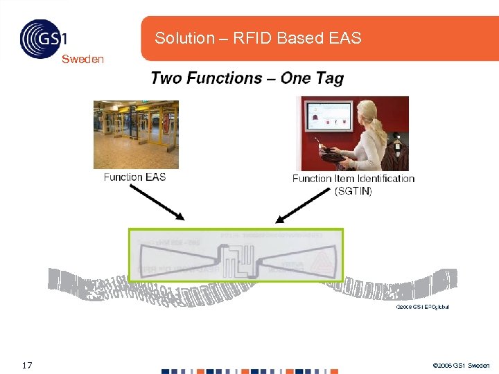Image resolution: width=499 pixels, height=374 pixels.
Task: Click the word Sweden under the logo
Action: [82, 59]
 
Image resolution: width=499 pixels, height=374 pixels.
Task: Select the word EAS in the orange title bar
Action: [346, 38]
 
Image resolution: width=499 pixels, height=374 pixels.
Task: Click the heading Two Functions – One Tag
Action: [247, 78]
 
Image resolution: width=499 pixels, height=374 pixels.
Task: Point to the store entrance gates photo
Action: [136, 134]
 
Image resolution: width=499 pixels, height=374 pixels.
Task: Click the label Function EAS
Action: [134, 177]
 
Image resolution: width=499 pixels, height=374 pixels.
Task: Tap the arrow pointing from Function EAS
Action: [158, 202]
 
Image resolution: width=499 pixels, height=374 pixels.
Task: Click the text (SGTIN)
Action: [353, 191]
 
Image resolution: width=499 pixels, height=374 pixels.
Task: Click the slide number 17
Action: [27, 365]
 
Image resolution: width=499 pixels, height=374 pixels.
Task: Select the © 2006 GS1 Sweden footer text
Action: [460, 365]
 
